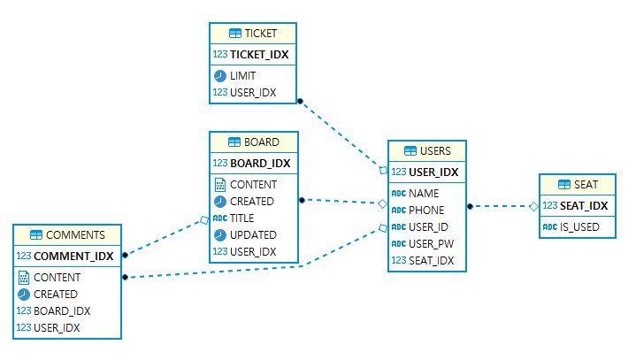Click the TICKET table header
click(x=253, y=34)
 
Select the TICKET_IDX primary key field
click(x=259, y=54)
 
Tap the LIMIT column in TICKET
click(x=243, y=76)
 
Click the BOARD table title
click(x=254, y=142)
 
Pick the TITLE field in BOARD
click(x=241, y=218)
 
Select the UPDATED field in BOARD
click(x=253, y=235)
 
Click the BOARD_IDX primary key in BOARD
click(x=259, y=163)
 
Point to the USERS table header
click(x=426, y=151)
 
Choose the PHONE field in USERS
click(x=427, y=211)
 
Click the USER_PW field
click(x=432, y=243)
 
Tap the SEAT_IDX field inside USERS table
click(x=432, y=260)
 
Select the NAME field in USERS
click(x=424, y=193)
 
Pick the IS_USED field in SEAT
click(x=579, y=227)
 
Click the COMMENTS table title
click(x=67, y=235)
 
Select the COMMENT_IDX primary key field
click(x=73, y=257)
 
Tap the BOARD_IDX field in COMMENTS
click(x=62, y=311)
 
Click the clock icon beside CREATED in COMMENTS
click(x=24, y=295)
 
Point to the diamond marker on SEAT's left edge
click(x=534, y=206)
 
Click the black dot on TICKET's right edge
click(x=301, y=101)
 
